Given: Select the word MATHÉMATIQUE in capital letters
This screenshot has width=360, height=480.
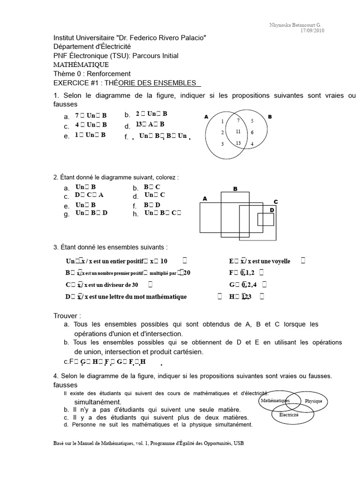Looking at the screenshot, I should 81,65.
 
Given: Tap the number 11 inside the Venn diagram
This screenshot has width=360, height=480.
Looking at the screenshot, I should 239,131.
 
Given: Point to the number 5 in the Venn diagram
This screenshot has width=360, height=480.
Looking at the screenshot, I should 252,121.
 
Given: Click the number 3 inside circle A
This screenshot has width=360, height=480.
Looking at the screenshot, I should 223,144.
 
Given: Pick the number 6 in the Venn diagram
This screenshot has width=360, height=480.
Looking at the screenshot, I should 252,132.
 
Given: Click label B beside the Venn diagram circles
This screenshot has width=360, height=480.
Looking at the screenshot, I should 270,116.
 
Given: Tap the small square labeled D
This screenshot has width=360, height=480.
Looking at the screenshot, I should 265,219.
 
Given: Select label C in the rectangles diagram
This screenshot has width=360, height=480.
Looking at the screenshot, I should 276,202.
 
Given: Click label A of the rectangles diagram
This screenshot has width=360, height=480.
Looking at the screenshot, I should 204,199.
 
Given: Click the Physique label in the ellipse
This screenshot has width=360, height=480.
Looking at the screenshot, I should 314,401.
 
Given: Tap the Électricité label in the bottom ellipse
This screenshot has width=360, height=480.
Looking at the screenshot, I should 289,415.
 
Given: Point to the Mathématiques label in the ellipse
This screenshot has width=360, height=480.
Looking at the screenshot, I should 275,401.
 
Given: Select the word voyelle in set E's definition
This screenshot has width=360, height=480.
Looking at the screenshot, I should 280,261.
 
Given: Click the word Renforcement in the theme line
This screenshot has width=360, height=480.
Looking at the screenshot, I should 109,74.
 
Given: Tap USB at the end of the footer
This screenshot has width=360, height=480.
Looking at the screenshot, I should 238,443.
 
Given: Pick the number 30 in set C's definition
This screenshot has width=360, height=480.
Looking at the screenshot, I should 135,285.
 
